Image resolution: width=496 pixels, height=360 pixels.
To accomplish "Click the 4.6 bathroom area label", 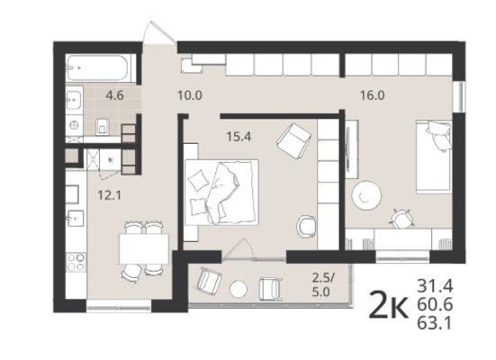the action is coord(115,94).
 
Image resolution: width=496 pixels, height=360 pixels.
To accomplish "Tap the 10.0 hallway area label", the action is coord(190,94).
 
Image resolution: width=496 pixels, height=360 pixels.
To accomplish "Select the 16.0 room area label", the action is coord(373,94).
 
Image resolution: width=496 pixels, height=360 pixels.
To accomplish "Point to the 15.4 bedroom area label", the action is coord(239,137).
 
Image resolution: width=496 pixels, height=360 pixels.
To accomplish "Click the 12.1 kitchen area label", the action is coord(109,195).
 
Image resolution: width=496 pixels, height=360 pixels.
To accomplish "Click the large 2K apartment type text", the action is coord(389,305).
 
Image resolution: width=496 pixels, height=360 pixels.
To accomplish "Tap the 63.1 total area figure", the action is coord(435,324).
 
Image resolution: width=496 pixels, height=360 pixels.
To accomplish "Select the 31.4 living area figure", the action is coord(435,286).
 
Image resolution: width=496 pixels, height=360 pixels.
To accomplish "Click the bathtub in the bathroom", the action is coord(97,67).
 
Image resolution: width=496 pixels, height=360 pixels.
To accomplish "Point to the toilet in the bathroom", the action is coord(102,126).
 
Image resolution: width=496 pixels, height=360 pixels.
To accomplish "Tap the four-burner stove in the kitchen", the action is coord(76,262).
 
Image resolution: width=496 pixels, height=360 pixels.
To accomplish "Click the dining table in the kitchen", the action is coord(144,249).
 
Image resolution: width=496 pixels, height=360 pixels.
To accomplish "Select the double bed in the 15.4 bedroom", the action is coord(221,193).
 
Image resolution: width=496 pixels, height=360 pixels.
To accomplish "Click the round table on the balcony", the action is coord(239,289).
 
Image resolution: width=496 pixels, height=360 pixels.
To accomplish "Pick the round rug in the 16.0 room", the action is coord(366,196).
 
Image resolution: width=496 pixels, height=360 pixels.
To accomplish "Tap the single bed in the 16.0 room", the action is coord(434,157).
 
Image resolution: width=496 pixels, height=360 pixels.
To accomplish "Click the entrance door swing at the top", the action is coord(159,32).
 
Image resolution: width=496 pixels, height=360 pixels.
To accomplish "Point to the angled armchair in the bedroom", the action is coord(293,140).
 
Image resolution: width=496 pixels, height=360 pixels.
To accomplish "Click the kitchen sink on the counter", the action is coord(76,219).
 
